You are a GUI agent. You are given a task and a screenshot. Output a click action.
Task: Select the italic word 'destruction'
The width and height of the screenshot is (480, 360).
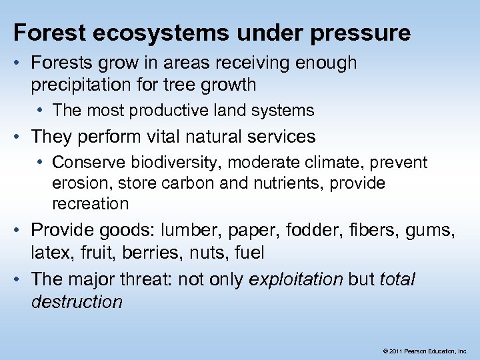tap(77, 301)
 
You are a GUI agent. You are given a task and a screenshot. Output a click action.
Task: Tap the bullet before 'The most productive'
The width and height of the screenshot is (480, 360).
tap(43, 111)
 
